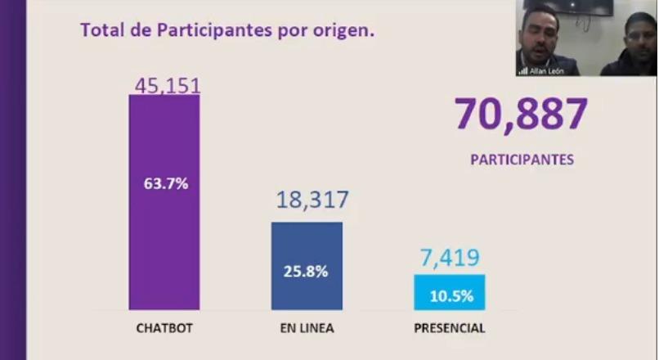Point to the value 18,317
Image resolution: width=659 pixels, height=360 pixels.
tap(312, 200)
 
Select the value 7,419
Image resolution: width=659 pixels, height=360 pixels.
tap(449, 259)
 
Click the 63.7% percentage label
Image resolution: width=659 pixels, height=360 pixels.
tap(166, 183)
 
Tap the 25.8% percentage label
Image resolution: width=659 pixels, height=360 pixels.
tap(307, 271)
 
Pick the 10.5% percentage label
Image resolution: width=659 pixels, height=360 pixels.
tap(451, 296)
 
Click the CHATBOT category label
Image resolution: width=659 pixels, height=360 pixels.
tap(164, 329)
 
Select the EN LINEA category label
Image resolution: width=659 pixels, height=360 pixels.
tap(307, 329)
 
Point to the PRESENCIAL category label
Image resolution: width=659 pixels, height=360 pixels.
tap(449, 329)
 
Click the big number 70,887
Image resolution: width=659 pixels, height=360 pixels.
tap(521, 115)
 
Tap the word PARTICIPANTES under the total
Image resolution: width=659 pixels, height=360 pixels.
tap(522, 160)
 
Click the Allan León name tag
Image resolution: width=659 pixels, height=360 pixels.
tap(545, 71)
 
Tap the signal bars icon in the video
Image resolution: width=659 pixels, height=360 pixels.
tap(522, 71)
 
